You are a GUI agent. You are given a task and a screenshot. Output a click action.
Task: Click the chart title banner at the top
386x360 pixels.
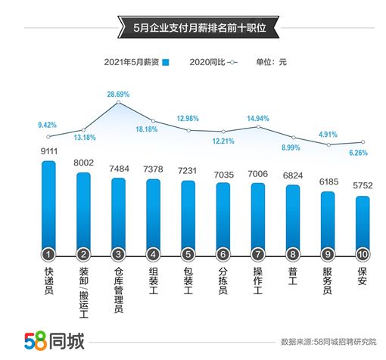click(x=192, y=29)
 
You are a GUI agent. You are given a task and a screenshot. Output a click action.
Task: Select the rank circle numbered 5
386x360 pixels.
click(x=188, y=254)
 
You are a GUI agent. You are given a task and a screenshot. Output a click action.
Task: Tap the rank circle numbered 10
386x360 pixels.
click(x=363, y=254)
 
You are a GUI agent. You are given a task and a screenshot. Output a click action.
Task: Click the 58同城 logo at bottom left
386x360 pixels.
click(x=54, y=339)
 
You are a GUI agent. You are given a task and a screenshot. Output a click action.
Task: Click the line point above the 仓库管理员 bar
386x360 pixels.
click(x=118, y=104)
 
